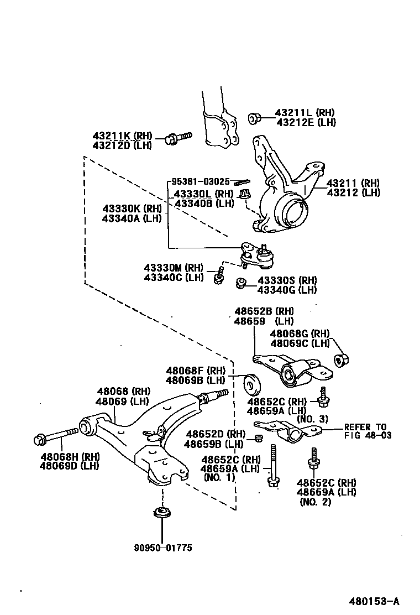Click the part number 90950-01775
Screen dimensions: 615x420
tap(162, 548)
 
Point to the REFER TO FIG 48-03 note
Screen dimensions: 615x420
tap(368, 431)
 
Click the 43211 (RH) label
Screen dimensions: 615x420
tap(353, 183)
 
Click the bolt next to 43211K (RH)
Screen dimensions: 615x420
tap(177, 138)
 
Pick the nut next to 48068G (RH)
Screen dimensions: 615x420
tap(341, 360)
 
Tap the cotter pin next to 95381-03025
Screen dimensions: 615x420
tap(242, 183)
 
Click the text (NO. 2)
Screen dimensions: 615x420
tap(316, 502)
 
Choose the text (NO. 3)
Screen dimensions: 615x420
tap(312, 419)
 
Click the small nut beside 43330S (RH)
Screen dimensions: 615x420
tap(240, 284)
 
